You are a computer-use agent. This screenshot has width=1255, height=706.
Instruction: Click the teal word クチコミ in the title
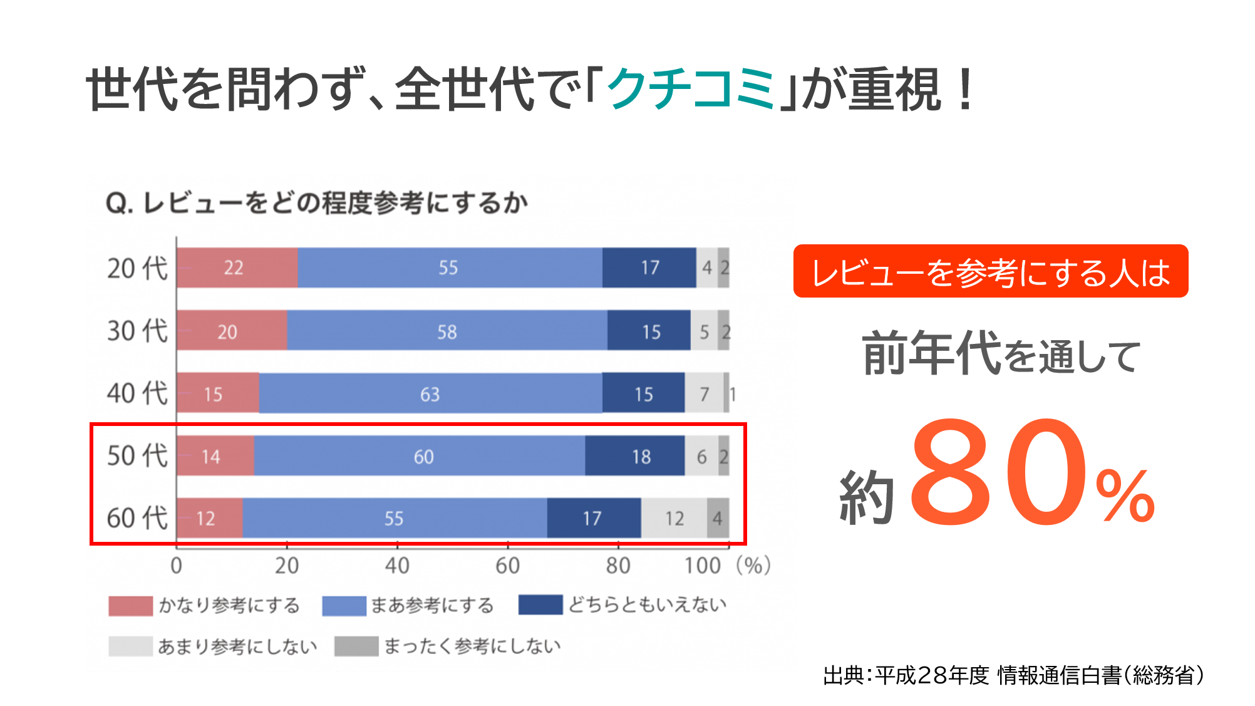(x=691, y=90)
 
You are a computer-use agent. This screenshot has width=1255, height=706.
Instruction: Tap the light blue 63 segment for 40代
(x=430, y=393)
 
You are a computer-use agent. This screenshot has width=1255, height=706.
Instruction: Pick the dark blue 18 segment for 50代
(x=634, y=456)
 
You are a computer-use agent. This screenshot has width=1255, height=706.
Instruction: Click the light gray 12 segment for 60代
(x=674, y=518)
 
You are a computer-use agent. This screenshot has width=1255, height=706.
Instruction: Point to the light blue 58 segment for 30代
(x=447, y=331)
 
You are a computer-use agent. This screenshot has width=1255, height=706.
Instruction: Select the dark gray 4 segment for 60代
(x=718, y=518)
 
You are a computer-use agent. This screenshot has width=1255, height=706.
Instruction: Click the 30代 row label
(x=137, y=331)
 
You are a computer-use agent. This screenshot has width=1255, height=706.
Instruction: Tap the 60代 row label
(x=137, y=518)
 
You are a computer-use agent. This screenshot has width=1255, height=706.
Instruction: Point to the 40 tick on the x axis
(x=397, y=566)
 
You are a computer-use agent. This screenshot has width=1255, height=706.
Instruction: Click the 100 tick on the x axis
(x=703, y=566)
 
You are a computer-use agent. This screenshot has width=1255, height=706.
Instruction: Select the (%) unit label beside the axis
(x=753, y=566)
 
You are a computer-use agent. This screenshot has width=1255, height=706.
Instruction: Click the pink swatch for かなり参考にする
(x=130, y=606)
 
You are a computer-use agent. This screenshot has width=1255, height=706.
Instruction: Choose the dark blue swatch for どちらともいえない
(x=540, y=605)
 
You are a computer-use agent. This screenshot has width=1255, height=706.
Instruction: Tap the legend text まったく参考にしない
(x=472, y=646)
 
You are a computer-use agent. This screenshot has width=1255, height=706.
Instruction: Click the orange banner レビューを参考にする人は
(x=990, y=271)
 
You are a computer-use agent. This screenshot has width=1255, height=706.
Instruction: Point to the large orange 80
(x=999, y=473)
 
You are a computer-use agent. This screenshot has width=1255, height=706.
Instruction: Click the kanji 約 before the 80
(x=866, y=498)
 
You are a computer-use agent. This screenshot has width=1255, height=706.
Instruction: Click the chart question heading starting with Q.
(x=316, y=203)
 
